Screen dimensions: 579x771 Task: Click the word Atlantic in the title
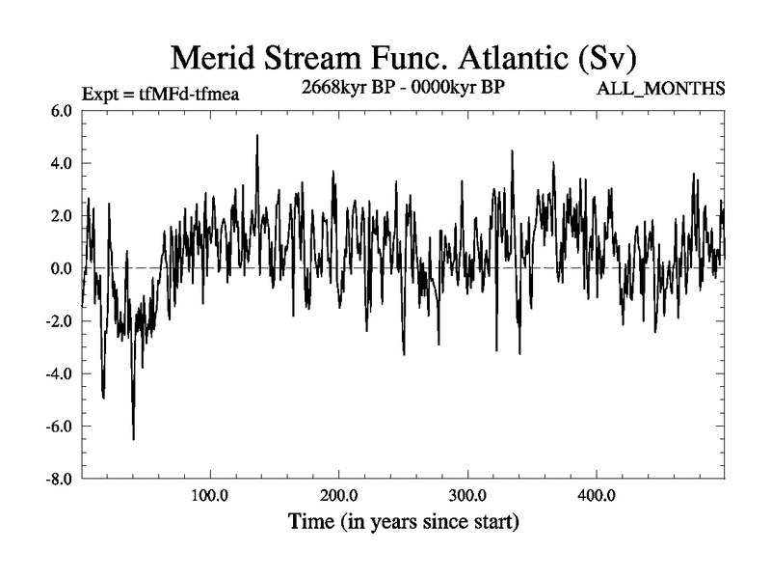tap(510, 58)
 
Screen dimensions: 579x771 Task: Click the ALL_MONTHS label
tap(662, 90)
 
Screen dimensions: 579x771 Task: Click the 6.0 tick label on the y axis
tap(61, 111)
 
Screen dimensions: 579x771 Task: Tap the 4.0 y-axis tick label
tap(61, 164)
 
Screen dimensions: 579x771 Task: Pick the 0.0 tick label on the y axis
tap(61, 268)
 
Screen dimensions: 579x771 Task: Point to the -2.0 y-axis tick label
tap(59, 321)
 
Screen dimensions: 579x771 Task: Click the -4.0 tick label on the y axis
tap(59, 373)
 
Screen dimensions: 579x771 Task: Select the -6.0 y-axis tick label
tap(59, 426)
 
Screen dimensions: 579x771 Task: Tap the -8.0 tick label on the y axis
tap(59, 479)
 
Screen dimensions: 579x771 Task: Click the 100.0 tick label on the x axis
tap(210, 497)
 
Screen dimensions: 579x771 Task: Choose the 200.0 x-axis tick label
tap(339, 497)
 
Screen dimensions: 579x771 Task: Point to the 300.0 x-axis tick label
tap(467, 497)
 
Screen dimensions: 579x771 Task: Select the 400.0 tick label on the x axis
tap(597, 497)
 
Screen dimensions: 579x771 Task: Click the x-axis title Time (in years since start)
tap(404, 523)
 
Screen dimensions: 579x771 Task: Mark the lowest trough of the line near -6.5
tap(133, 439)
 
